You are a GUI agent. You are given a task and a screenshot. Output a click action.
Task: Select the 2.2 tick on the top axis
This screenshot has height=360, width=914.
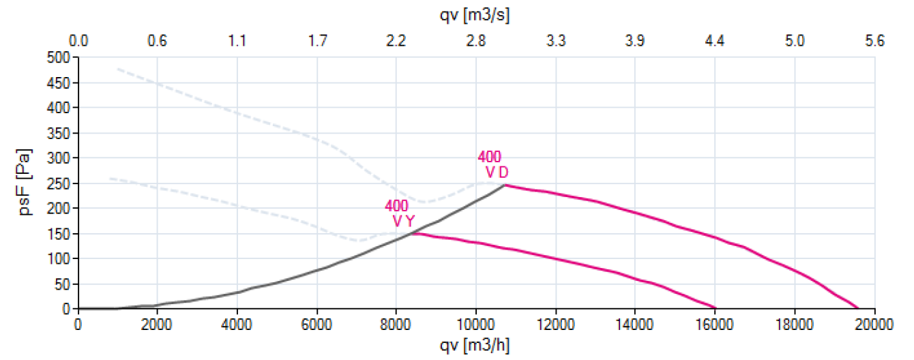(396, 41)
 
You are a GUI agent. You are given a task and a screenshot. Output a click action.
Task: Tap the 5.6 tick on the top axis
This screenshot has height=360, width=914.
(874, 41)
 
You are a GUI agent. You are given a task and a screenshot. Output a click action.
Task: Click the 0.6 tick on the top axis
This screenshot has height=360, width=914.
(158, 41)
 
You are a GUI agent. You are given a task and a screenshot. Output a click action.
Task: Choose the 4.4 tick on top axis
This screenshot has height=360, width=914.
(714, 41)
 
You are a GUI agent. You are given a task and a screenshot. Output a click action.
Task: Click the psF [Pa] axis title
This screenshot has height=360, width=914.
(25, 183)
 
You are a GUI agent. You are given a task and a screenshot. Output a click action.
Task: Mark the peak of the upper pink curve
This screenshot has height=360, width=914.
(505, 185)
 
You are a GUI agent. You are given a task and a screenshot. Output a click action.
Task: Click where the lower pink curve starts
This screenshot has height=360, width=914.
(412, 233)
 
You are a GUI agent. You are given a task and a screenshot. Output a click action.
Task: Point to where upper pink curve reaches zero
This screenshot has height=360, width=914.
(857, 308)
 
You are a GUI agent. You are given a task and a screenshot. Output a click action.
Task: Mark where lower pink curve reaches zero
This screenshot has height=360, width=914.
(715, 308)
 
